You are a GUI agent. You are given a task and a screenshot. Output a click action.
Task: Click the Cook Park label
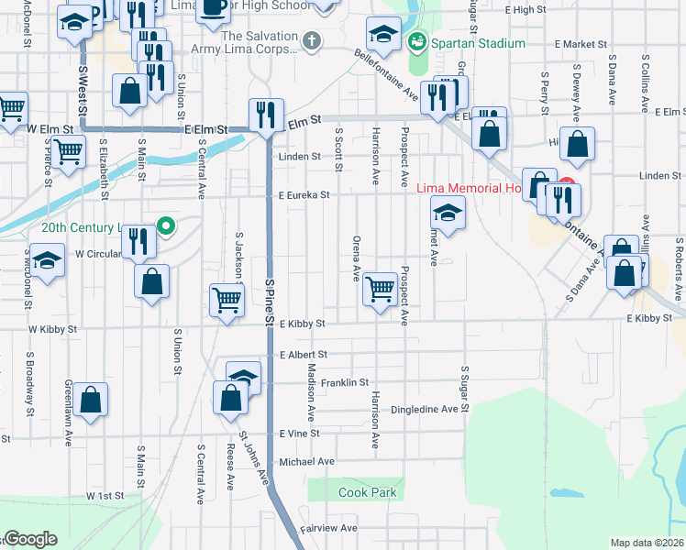tap(367, 492)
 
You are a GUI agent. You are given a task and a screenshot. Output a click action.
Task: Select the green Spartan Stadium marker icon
tap(417, 42)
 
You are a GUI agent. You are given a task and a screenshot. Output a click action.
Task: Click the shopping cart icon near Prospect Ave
tap(380, 289)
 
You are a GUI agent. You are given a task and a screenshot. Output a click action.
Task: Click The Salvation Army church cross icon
tap(313, 41)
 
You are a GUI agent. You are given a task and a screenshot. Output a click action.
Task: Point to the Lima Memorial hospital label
tap(469, 189)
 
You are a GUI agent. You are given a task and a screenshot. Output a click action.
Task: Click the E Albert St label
tap(304, 354)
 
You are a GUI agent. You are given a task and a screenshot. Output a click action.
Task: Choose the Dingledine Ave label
tap(423, 409)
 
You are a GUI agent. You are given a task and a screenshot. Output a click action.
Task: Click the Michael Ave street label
tap(307, 461)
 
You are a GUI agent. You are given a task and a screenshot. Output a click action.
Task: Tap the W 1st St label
tap(105, 495)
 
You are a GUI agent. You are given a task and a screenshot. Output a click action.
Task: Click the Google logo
tap(30, 539)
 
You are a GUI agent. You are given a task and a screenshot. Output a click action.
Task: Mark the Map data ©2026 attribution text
tap(647, 543)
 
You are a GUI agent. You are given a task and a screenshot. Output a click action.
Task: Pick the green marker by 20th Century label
tap(166, 225)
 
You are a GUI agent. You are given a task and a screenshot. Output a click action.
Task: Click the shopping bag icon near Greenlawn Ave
tap(90, 399)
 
